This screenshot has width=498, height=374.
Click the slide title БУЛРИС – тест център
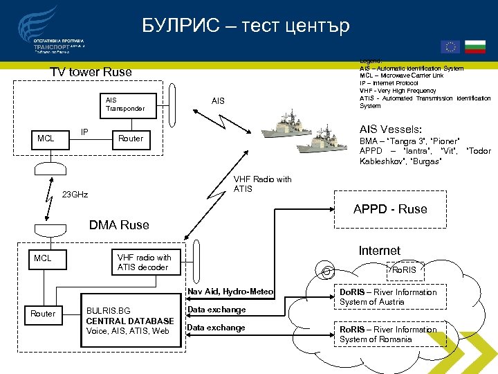tap(246, 26)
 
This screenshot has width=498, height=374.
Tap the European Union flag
tap(450, 46)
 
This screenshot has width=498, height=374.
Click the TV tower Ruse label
tap(91, 72)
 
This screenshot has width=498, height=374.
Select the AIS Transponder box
tap(125, 104)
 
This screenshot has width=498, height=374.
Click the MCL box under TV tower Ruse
tap(46, 139)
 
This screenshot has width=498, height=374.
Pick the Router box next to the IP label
tap(131, 139)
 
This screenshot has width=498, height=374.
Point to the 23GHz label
tap(75, 194)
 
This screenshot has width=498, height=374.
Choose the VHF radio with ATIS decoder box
tap(144, 262)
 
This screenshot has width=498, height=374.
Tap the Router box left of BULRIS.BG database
tap(43, 314)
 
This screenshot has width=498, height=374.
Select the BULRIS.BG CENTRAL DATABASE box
tap(129, 321)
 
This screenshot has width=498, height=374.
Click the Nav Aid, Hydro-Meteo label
tap(230, 292)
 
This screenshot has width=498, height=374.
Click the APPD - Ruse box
tap(390, 209)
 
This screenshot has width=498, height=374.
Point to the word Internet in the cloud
tap(379, 251)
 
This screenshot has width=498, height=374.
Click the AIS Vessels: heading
tap(390, 130)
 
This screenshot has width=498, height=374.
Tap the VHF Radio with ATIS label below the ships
tap(262, 184)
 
